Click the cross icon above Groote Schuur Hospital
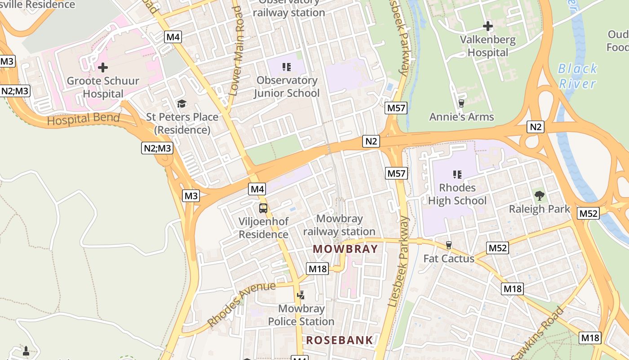coord(103,67)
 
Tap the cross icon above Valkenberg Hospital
coord(488,26)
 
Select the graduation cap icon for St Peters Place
coord(182,104)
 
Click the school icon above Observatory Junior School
coord(287,67)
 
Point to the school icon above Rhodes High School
coord(457,174)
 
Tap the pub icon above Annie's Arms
coord(461,103)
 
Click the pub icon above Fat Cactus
coord(448,245)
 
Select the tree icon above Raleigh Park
coord(539,196)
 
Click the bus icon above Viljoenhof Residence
coord(263,208)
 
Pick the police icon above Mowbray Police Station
coord(301,295)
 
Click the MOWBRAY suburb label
coord(345,249)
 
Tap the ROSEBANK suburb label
coord(340,340)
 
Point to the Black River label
coord(577,76)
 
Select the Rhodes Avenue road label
coord(241,304)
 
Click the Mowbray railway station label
coord(339,225)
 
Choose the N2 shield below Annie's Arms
coord(535,127)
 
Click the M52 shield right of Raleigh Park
coord(588,213)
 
